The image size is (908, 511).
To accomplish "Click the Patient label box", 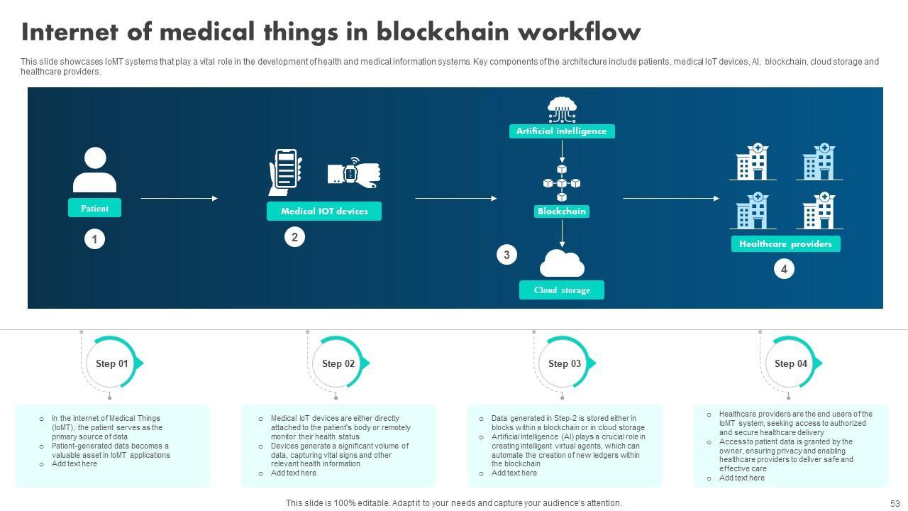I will click(x=94, y=208).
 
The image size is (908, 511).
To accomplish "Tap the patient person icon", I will click(x=94, y=170).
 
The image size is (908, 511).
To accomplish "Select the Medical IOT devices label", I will click(x=323, y=211).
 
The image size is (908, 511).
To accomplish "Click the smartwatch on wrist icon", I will click(x=354, y=172).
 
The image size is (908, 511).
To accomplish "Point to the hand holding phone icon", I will click(x=285, y=172).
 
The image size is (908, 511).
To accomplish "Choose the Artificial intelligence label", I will click(x=561, y=131).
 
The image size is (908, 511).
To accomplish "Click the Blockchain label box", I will click(x=562, y=211).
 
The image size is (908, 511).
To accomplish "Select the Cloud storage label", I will click(x=562, y=290).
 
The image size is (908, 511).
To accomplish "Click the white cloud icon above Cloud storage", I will click(x=562, y=264).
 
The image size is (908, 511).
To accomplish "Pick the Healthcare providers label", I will click(x=785, y=243).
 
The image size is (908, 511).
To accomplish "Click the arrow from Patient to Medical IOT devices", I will click(x=179, y=199).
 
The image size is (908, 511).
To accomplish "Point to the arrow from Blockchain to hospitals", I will click(x=670, y=199).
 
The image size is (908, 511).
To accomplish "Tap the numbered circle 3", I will click(x=506, y=255).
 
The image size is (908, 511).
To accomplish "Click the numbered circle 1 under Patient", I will click(x=94, y=239).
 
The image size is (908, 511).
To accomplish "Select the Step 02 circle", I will click(x=338, y=363).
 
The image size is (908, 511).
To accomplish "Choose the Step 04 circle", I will click(x=791, y=363).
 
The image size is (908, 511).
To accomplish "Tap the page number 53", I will click(x=895, y=503).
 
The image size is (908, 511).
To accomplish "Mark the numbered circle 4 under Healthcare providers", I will click(x=784, y=269).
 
